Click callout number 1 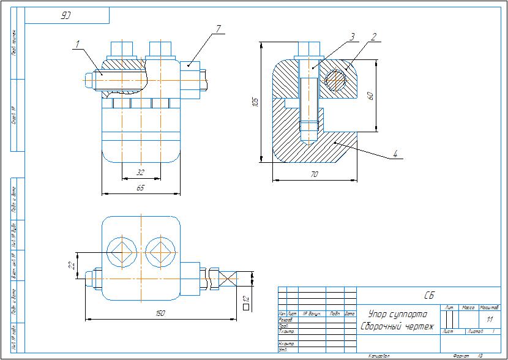point(78,43)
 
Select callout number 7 point(218,29)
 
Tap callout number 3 point(352,37)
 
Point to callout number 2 point(372,36)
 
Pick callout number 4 point(395,154)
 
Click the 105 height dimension point(256,102)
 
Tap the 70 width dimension point(315,175)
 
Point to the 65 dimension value point(140,188)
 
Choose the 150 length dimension point(160,313)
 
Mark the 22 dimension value point(72,265)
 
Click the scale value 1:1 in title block point(489,320)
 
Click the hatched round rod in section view point(335,80)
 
